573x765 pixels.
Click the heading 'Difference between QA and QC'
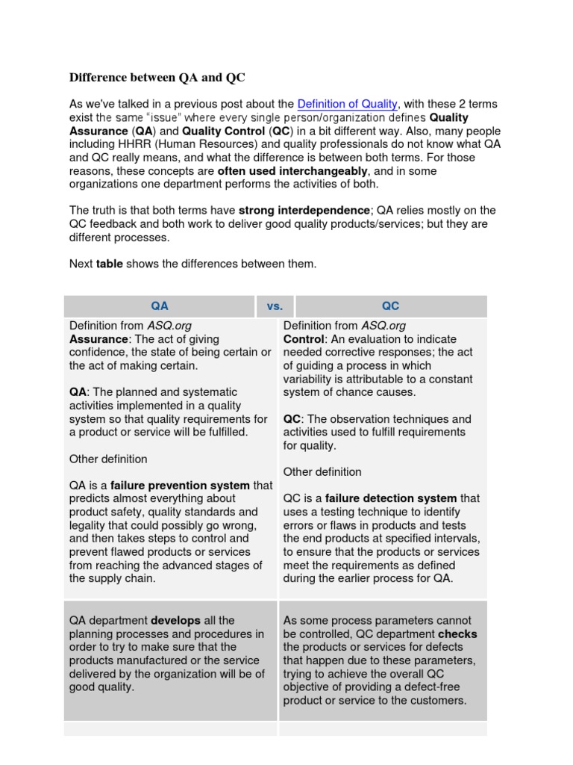pyautogui.click(x=157, y=77)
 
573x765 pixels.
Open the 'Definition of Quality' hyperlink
pyautogui.click(x=347, y=104)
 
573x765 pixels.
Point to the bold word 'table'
pyautogui.click(x=110, y=263)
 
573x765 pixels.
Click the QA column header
pyautogui.click(x=160, y=306)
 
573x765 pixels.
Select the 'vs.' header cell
pyautogui.click(x=275, y=306)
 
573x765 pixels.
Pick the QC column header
pyautogui.click(x=390, y=306)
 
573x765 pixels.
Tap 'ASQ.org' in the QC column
pyautogui.click(x=383, y=326)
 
